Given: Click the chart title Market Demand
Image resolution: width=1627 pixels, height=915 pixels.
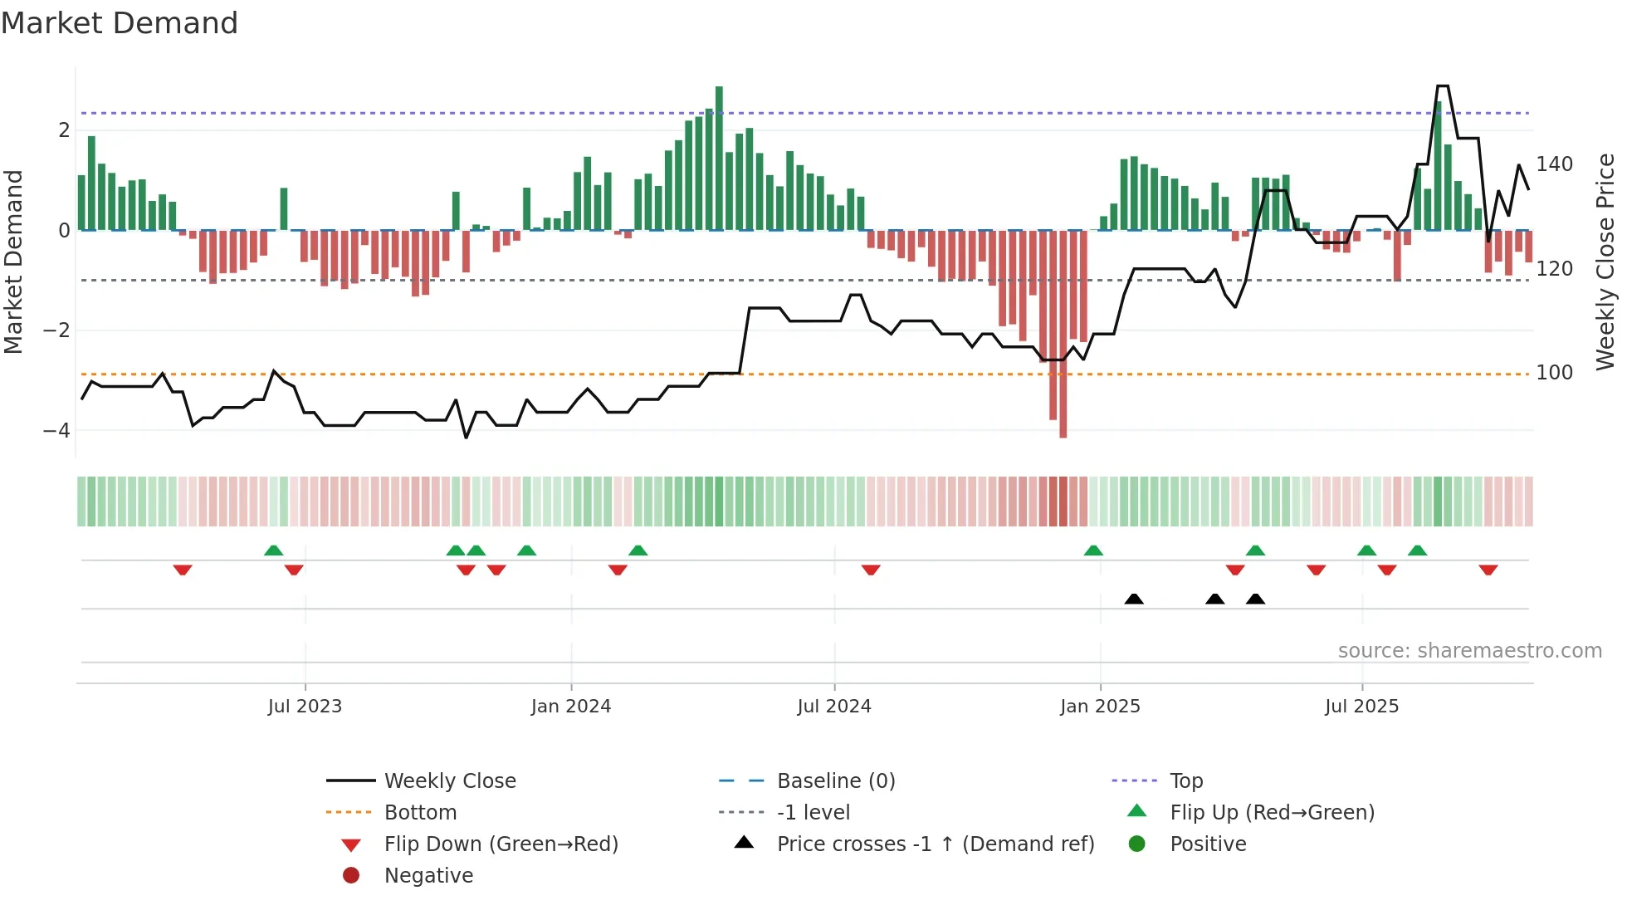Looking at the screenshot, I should [x=120, y=23].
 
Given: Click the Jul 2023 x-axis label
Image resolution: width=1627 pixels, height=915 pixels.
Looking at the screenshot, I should [x=305, y=707].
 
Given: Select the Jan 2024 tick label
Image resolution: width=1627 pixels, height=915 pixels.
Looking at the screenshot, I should [x=571, y=707].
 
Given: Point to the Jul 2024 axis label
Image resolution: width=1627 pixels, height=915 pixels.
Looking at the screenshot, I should [x=834, y=707].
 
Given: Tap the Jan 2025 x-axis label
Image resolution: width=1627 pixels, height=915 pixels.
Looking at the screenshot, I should [x=1100, y=707].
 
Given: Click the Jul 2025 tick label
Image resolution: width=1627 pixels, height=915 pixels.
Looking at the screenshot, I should [x=1362, y=707].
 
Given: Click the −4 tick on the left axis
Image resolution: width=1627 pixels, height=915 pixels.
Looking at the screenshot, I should [x=56, y=431].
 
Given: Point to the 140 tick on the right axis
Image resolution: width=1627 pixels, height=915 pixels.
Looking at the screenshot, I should [x=1554, y=164].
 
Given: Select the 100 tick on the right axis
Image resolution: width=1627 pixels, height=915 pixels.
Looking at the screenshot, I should [x=1554, y=373].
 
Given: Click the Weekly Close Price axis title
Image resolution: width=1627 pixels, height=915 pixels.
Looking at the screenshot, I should [x=1605, y=262].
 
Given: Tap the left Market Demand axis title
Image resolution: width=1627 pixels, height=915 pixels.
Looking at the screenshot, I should [x=13, y=262].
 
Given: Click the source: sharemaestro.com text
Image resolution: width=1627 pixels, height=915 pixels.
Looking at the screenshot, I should [x=1469, y=651].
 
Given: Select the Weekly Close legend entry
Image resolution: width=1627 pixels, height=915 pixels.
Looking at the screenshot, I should [x=449, y=781].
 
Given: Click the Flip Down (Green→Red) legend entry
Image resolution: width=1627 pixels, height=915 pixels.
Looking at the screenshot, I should [x=501, y=844].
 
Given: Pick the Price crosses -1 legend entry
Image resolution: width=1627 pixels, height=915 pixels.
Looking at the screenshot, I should [x=935, y=844].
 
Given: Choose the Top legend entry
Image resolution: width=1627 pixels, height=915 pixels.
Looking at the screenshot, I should [x=1186, y=781].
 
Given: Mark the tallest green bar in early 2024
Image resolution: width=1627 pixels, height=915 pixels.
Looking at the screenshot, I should [x=719, y=158].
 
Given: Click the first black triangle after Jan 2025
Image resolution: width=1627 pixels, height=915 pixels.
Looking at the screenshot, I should [x=1134, y=599].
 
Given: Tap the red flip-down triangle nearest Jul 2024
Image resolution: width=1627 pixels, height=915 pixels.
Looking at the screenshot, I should [x=871, y=570].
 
